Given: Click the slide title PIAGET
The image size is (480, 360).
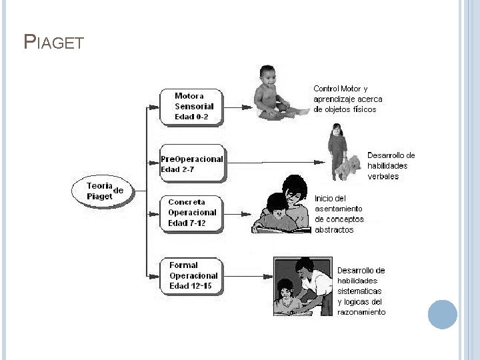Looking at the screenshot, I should point(53,43).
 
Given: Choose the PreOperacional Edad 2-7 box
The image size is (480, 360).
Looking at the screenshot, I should point(193,164).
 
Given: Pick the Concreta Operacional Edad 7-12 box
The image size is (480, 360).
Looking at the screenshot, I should point(193,213).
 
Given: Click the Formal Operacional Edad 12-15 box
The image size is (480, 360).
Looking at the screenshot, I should point(193,275).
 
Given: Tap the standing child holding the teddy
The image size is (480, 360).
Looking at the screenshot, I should point(337,150).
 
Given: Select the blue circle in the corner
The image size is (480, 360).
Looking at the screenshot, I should point(442,314).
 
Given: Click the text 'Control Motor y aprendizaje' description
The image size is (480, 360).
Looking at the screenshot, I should point(348,99).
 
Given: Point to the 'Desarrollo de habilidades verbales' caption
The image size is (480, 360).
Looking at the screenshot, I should point(391,166).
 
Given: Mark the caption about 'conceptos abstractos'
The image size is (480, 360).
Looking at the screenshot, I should point(339,214).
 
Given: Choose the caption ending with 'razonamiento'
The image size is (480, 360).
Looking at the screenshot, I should point(361,291).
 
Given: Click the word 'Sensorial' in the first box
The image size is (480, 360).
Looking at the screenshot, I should point(194,107).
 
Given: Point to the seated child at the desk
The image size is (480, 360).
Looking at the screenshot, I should point(286,297).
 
